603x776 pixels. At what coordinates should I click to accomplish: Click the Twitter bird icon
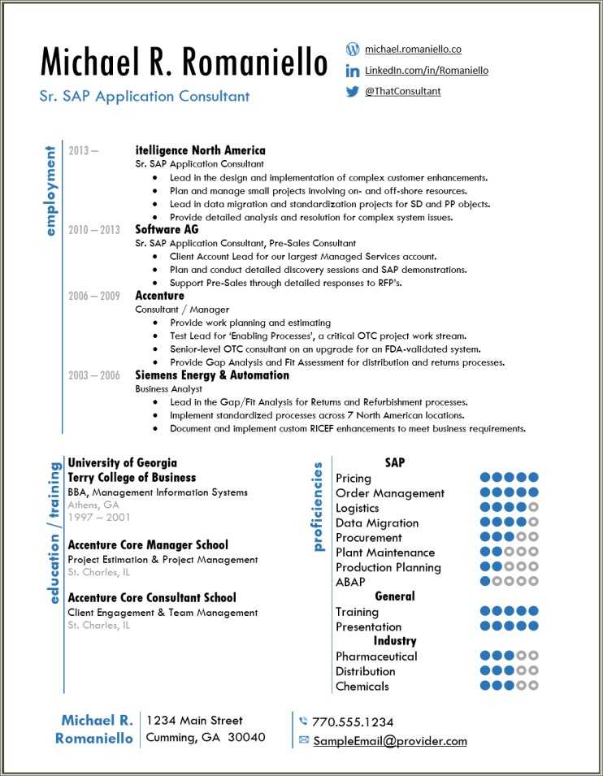click(353, 92)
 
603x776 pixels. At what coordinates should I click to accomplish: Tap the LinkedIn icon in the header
click(353, 72)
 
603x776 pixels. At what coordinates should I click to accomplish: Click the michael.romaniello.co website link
click(413, 50)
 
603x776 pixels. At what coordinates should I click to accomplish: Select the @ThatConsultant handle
click(402, 92)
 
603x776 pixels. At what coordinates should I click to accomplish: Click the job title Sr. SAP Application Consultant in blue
click(145, 96)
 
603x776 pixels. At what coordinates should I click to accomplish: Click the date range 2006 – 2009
click(94, 296)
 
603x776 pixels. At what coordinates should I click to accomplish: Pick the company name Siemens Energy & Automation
click(212, 375)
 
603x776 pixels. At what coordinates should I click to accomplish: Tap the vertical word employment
click(51, 192)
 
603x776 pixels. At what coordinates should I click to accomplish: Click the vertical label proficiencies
click(318, 507)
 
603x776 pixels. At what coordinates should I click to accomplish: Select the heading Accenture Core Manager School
click(148, 545)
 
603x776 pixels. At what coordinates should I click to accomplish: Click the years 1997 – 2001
click(99, 518)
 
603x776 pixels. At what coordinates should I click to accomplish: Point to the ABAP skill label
click(350, 583)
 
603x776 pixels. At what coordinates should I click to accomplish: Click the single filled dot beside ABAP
click(485, 582)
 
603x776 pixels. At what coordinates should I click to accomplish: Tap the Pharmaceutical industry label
click(376, 657)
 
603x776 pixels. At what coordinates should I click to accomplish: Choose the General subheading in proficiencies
click(395, 596)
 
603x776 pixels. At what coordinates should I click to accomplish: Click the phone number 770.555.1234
click(353, 722)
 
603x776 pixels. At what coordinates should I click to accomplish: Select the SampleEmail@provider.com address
click(390, 741)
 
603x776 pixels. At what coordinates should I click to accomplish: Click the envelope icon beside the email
click(304, 740)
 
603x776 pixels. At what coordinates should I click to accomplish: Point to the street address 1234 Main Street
click(194, 720)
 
